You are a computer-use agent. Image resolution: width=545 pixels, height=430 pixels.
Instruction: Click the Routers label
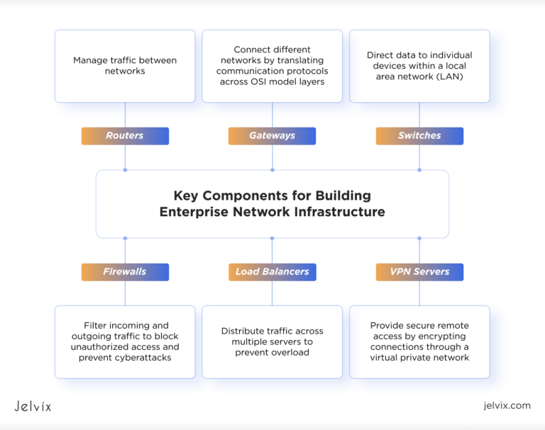point(125,136)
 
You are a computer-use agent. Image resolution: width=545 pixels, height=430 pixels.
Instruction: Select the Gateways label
point(272,136)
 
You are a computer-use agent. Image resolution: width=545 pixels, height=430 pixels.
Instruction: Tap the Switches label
point(419,136)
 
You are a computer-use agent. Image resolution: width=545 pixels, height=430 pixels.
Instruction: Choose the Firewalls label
point(125,272)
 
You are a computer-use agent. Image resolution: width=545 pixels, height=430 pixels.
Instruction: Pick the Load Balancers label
point(272,272)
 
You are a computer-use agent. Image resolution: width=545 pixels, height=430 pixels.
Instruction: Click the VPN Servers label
point(419,272)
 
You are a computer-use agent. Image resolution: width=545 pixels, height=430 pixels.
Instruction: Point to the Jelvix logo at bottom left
point(33,406)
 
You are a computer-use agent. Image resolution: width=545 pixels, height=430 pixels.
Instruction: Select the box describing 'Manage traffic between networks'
point(125,66)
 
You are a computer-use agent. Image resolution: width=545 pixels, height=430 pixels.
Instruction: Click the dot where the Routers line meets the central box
point(125,170)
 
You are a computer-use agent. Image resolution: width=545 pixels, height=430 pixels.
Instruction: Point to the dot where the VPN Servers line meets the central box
point(419,238)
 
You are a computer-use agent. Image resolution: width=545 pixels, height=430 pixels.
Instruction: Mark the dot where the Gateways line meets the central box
point(272,170)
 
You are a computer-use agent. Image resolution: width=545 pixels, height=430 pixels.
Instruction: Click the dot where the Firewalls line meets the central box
point(125,238)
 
